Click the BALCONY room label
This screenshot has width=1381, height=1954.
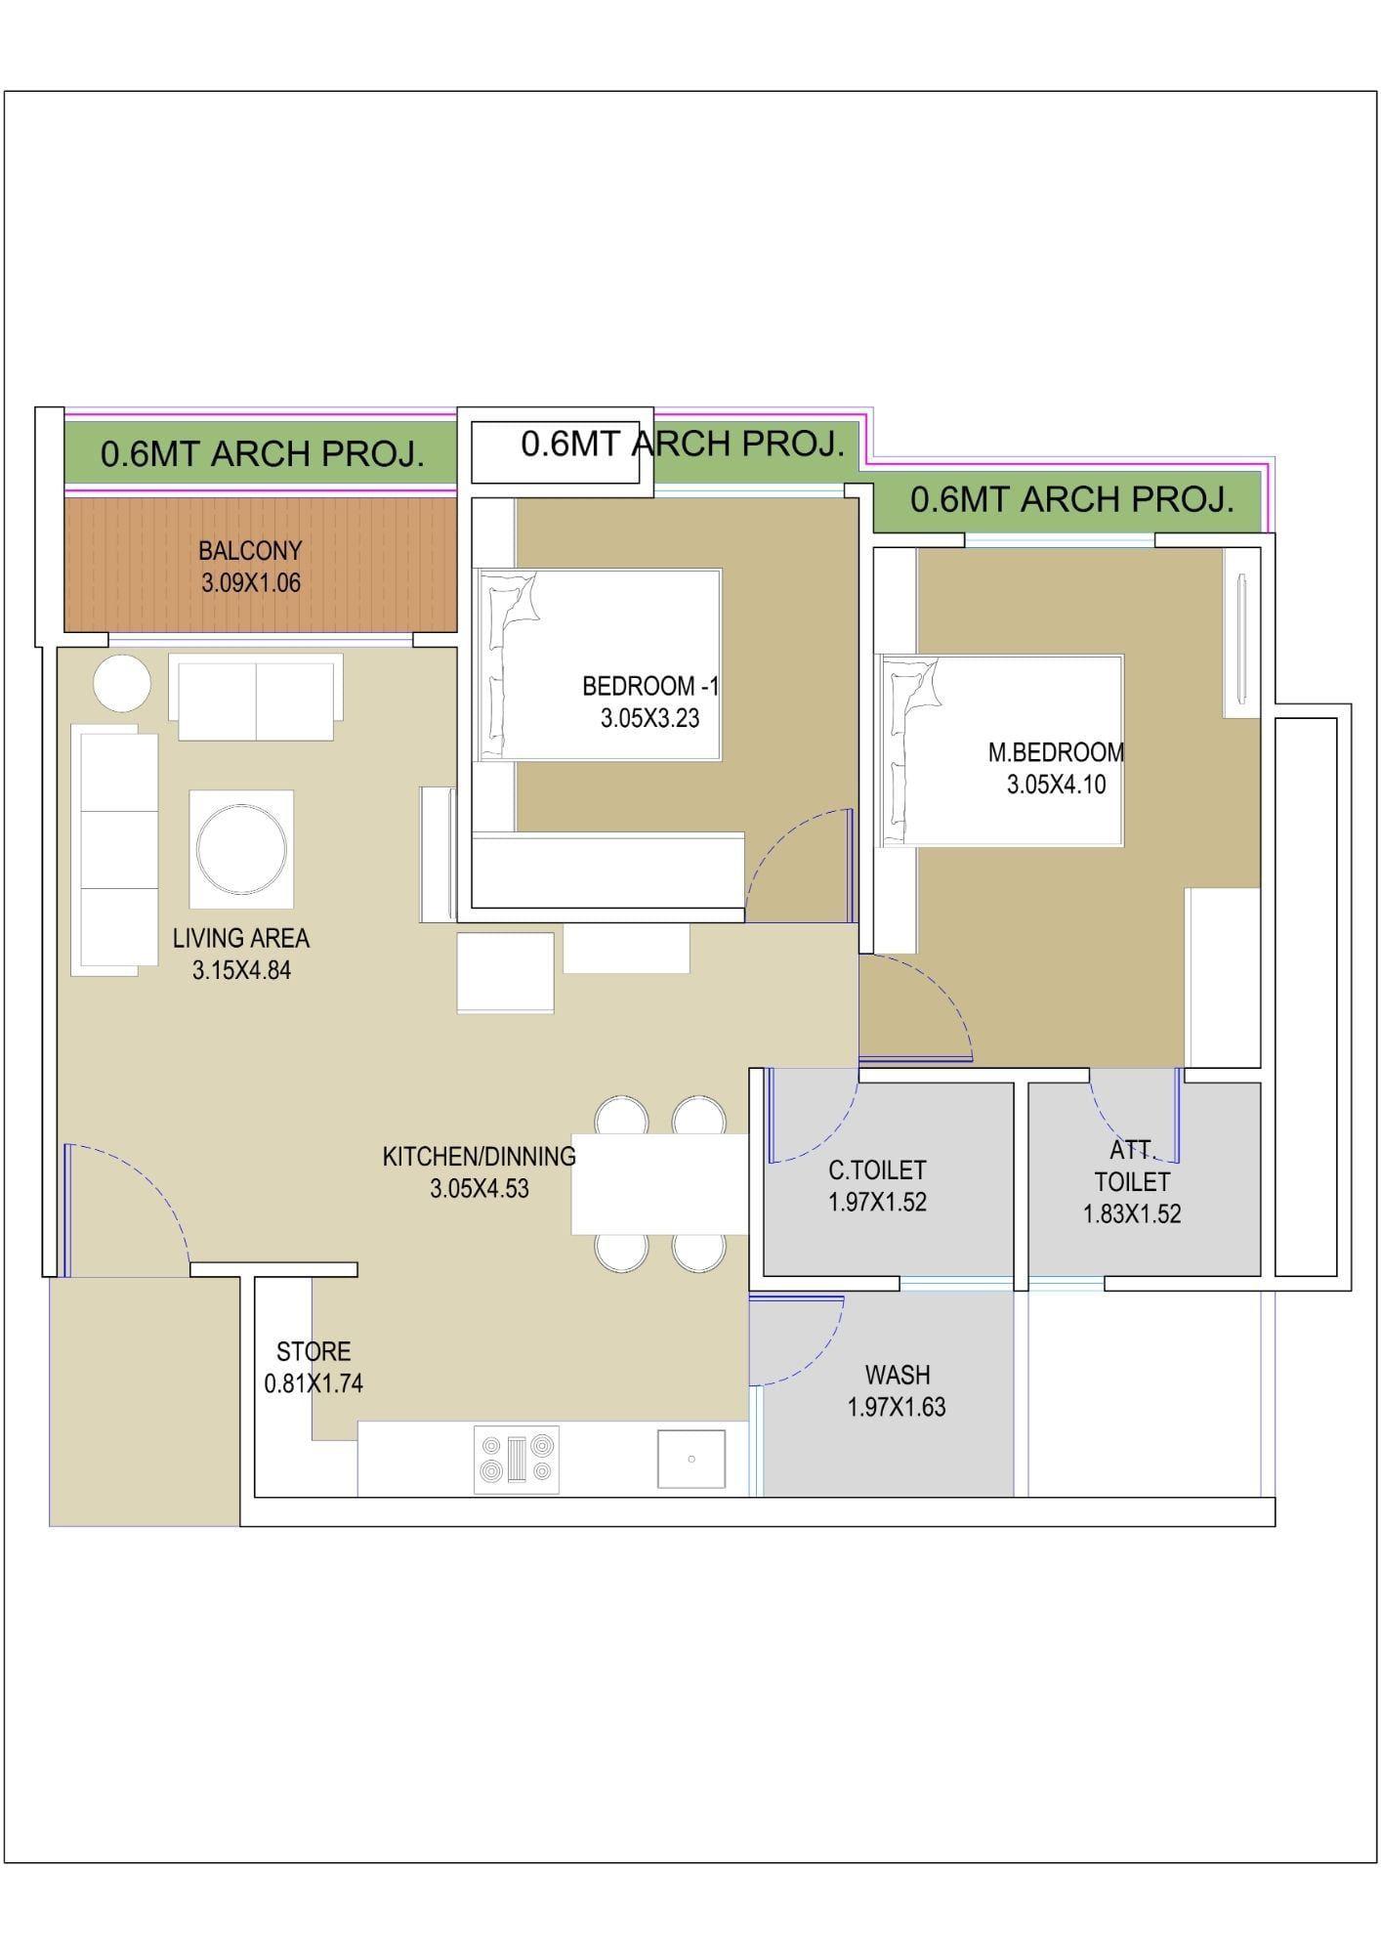tap(250, 550)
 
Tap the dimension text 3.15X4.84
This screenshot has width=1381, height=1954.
tap(241, 970)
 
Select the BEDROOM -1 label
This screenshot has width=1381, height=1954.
tap(650, 686)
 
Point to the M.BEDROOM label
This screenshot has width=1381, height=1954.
tap(1056, 752)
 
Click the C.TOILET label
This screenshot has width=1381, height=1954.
tap(877, 1169)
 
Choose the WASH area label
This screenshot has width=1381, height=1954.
tap(898, 1375)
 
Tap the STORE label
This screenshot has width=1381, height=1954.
tap(314, 1351)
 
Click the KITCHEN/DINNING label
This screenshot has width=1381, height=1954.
tap(480, 1156)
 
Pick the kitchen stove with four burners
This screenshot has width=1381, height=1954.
tap(517, 1460)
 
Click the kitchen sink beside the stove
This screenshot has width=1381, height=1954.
tap(691, 1459)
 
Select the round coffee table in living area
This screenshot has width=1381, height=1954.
tap(241, 846)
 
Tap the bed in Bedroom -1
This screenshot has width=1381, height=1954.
tap(598, 664)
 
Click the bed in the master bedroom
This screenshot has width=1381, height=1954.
tap(1001, 750)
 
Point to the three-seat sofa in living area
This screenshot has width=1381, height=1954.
tap(114, 850)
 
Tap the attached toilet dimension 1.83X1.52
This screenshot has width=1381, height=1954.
tap(1132, 1213)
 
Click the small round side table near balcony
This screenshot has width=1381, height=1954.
tap(122, 683)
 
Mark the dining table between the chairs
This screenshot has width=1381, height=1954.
tap(660, 1184)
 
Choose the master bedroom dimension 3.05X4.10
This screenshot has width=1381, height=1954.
tap(1057, 785)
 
